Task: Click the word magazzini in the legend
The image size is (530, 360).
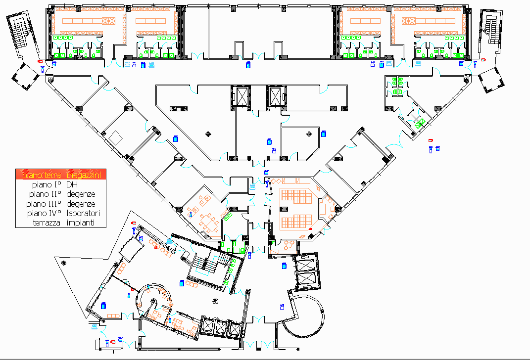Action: [x=85, y=175]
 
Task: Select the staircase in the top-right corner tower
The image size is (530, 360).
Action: [x=492, y=30]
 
